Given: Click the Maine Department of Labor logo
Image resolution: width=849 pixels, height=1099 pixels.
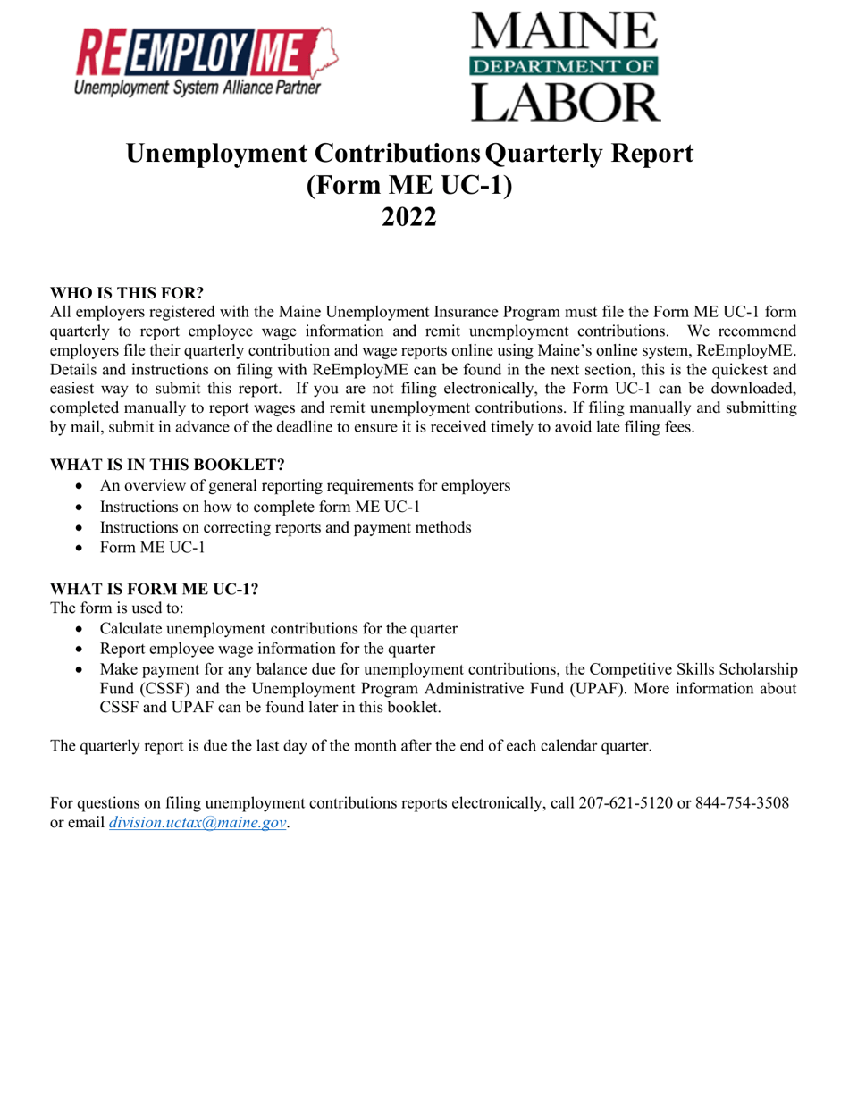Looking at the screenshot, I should tap(563, 64).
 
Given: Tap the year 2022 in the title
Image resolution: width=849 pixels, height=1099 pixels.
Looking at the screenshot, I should tap(409, 216).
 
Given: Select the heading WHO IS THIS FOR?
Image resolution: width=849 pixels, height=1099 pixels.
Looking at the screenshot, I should tap(127, 292).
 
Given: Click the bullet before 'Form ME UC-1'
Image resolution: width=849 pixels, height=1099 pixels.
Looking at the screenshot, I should tap(81, 548).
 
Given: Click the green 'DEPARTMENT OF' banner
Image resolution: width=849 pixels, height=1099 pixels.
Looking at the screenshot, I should tap(563, 65).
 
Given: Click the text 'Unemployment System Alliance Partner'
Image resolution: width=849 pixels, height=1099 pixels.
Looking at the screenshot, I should tap(196, 88).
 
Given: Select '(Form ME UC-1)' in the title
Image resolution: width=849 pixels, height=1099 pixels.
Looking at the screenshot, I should tap(409, 185).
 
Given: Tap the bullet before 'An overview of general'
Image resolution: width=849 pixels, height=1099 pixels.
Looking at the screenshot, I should tap(81, 486).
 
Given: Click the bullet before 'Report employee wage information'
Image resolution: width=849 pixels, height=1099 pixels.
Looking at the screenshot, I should tap(81, 649).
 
